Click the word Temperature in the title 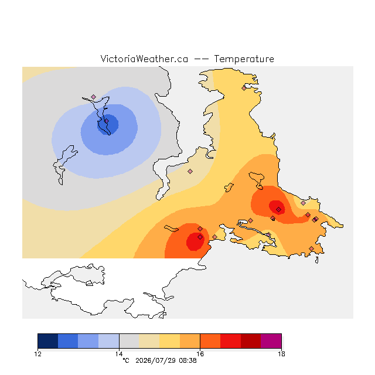tap(244, 59)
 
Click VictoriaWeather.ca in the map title tap(144, 59)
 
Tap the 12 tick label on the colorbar tap(38, 354)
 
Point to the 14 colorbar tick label tap(119, 354)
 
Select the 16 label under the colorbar tap(200, 354)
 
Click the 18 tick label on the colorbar tap(281, 354)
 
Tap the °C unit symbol tap(126, 360)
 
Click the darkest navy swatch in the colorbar tap(48, 341)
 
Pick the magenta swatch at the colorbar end tap(271, 341)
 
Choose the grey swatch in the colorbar tap(129, 341)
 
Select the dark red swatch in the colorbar tap(251, 341)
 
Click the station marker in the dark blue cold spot tap(107, 121)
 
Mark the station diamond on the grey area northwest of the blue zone tap(94, 97)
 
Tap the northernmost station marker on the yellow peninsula tap(244, 88)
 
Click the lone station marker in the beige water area tap(190, 171)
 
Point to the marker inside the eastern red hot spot tap(279, 210)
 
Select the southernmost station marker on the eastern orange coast tap(311, 248)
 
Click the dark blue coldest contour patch tap(108, 124)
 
